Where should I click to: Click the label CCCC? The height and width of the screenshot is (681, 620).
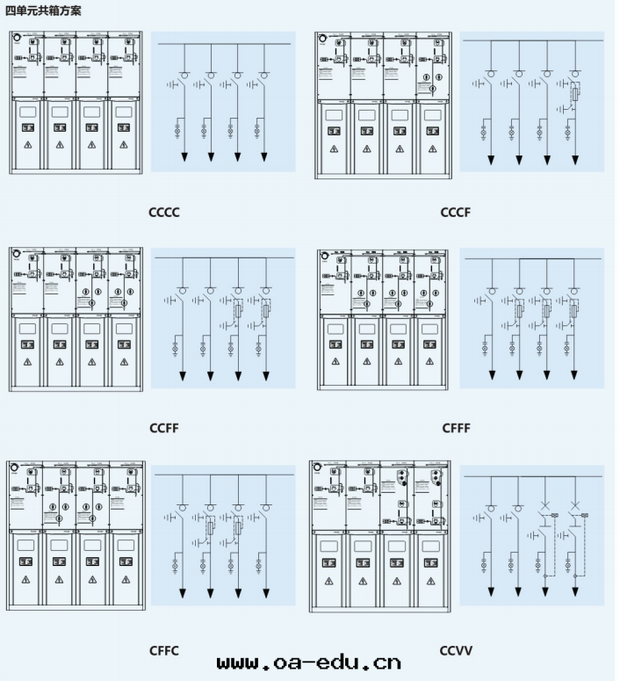[x=165, y=213]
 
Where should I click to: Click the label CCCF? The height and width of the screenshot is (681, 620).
[x=455, y=213]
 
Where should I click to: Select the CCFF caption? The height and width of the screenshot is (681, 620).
[x=164, y=428]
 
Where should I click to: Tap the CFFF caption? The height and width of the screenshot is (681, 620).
[x=455, y=428]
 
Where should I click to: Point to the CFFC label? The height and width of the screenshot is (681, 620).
[x=164, y=650]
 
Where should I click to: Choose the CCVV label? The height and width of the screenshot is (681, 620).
[x=456, y=650]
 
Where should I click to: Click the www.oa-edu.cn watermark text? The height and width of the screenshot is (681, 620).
[x=308, y=661]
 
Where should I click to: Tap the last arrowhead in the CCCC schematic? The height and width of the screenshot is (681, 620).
[x=264, y=157]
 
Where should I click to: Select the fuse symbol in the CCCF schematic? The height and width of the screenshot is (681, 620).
[x=574, y=94]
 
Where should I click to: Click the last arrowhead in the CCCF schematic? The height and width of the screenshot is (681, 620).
[x=574, y=160]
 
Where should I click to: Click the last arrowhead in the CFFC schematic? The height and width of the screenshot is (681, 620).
[x=264, y=595]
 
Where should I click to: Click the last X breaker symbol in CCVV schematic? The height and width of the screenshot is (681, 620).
[x=574, y=506]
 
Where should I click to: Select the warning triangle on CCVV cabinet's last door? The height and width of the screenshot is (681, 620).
[x=429, y=580]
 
